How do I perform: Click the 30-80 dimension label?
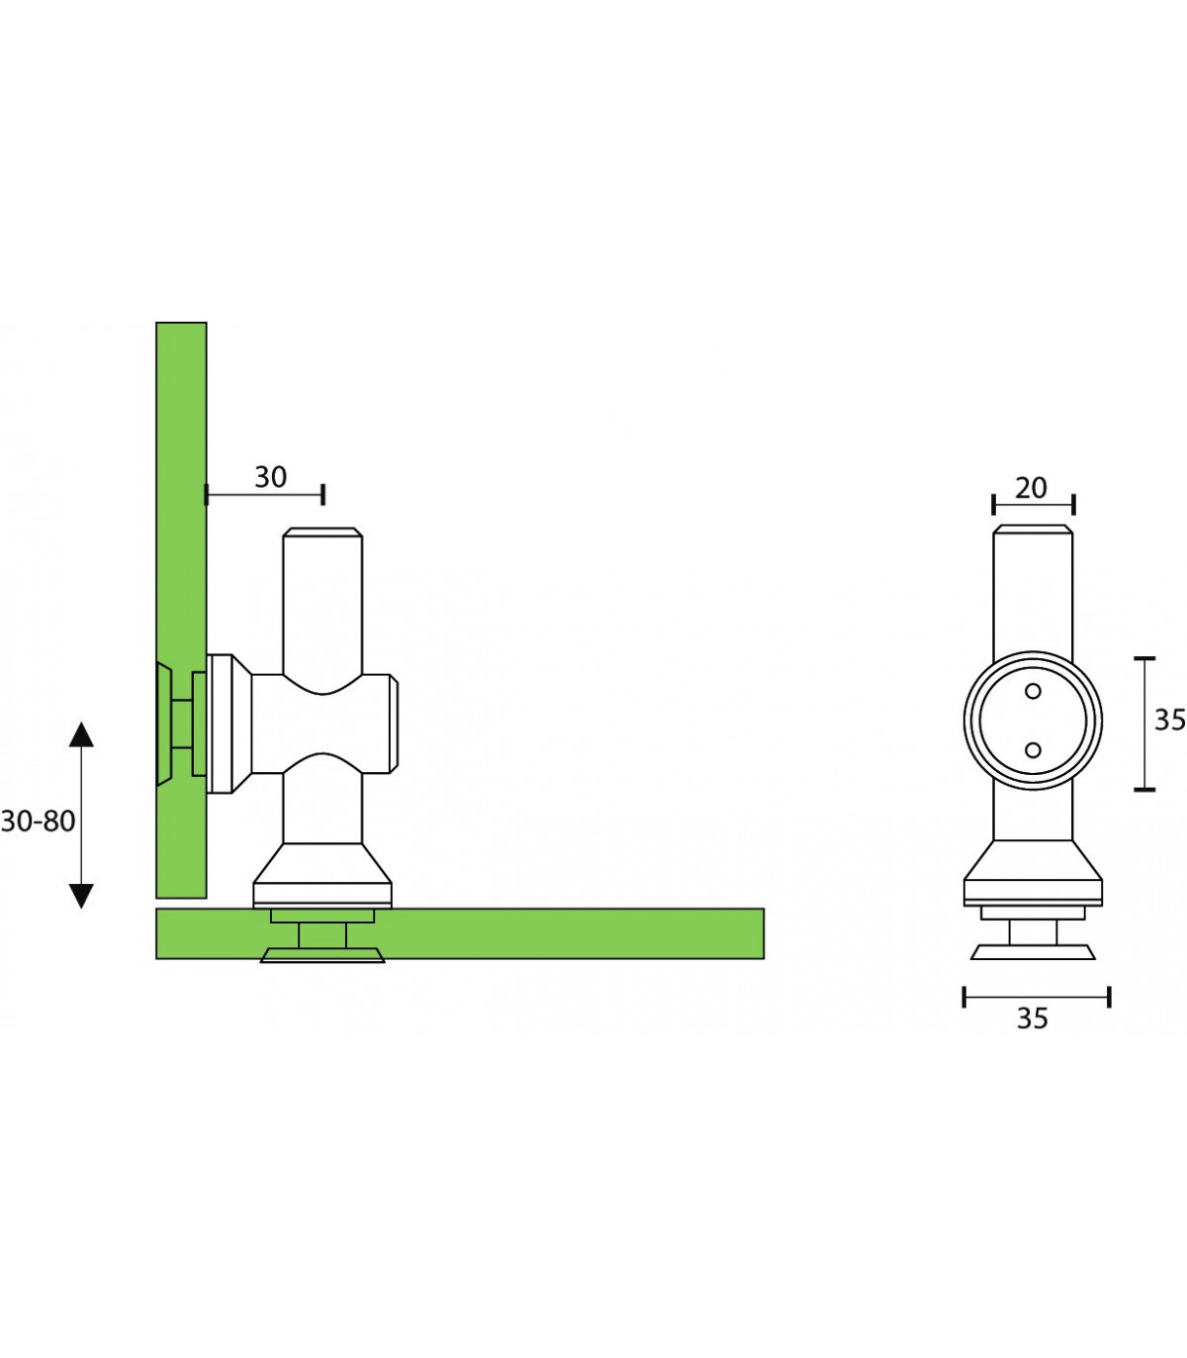tap(38, 822)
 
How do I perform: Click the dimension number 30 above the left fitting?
tap(270, 477)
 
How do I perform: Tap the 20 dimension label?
tap(1031, 489)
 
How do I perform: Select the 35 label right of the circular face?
tap(1170, 721)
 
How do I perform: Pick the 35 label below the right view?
tap(1033, 1018)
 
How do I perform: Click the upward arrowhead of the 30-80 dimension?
tap(81, 734)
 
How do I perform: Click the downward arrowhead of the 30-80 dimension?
tap(81, 896)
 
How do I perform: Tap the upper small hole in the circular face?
tap(1033, 691)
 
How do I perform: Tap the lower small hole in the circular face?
tap(1033, 750)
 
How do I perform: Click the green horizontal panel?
tap(564, 933)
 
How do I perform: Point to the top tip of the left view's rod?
tap(322, 529)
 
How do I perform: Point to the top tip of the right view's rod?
tap(1033, 526)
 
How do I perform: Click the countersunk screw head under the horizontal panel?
tap(322, 955)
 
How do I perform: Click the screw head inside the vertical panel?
tap(164, 725)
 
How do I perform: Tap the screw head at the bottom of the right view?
tap(1033, 952)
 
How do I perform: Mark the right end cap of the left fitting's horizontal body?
tap(394, 725)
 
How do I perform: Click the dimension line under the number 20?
tap(1033, 505)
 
